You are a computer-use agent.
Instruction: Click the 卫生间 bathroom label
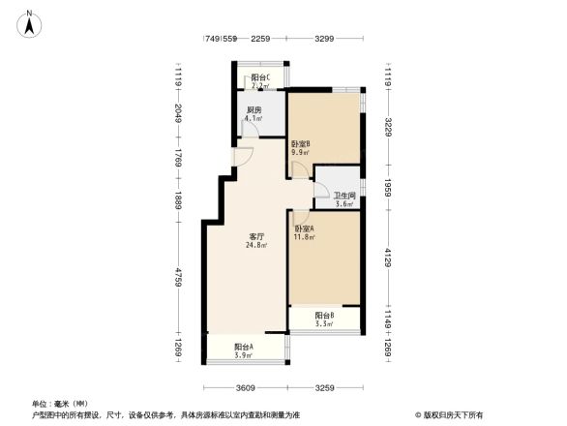(345, 195)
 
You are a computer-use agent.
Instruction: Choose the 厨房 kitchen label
(254, 110)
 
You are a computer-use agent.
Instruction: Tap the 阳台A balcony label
(244, 347)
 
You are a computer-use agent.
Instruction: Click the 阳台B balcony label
(324, 315)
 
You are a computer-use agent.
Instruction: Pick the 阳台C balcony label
(258, 77)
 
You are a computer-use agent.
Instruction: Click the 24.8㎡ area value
(257, 245)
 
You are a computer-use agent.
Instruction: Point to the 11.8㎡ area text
(306, 238)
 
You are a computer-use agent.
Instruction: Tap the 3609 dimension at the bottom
(245, 387)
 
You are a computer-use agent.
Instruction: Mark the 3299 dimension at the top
(324, 39)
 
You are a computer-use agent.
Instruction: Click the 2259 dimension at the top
(259, 39)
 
